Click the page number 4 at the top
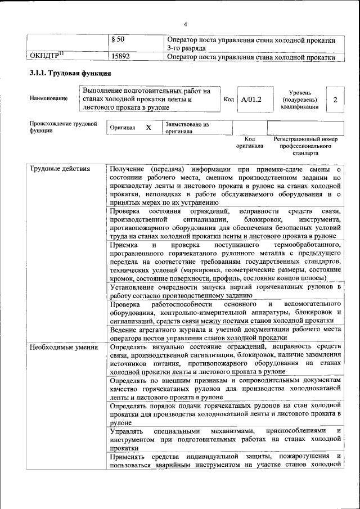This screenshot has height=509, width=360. [185, 24]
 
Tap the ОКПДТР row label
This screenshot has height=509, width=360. [46, 56]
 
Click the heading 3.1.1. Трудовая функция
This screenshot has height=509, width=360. [70, 74]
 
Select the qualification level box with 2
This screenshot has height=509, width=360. [335, 100]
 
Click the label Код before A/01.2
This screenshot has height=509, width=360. [228, 100]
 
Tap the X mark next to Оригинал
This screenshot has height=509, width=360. [148, 128]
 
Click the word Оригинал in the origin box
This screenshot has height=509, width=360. [123, 128]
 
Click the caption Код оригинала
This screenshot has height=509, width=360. [250, 142]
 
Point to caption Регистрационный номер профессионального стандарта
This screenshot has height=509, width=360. [305, 146]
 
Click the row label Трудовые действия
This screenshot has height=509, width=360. [57, 168]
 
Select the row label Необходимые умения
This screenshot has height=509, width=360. [59, 346]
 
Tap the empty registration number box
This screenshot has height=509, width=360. [305, 128]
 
